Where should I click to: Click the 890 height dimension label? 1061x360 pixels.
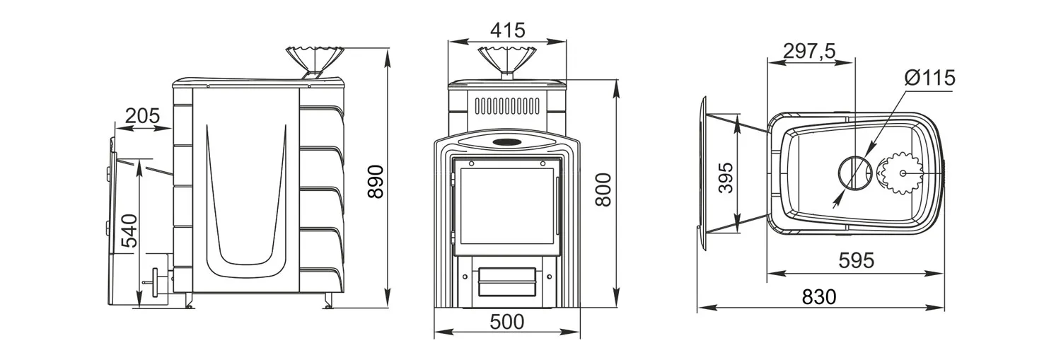(376, 182)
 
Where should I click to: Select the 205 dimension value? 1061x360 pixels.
(143, 115)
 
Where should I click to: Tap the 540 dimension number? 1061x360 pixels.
(129, 231)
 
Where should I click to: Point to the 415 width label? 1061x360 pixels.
(508, 30)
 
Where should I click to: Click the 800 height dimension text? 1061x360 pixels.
(603, 190)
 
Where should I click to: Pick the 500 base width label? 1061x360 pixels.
(507, 322)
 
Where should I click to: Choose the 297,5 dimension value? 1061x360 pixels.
(809, 51)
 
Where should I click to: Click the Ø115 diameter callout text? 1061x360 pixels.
(930, 78)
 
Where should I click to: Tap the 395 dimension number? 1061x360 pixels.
(725, 178)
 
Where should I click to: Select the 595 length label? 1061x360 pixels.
(857, 260)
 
